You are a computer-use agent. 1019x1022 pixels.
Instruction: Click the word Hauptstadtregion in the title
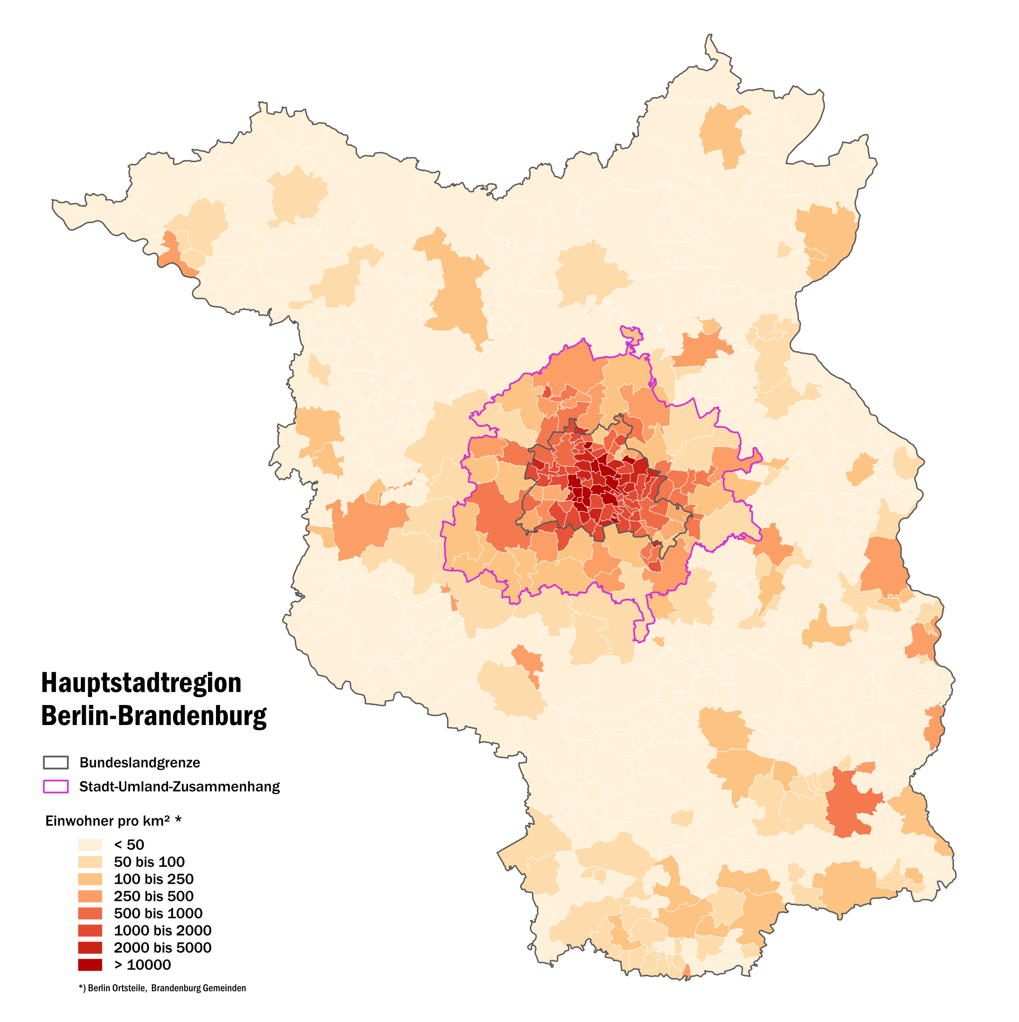pos(141,683)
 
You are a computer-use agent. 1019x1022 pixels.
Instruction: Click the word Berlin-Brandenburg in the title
pos(154,716)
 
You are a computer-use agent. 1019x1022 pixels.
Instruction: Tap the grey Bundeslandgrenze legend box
pos(55,763)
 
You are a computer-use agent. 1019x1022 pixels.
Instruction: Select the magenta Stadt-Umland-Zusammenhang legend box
pos(55,786)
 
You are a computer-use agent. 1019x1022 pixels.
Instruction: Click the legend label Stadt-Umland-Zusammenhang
pos(179,786)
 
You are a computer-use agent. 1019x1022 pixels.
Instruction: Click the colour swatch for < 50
pos(90,844)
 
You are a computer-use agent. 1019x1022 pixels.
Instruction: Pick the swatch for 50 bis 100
pos(90,862)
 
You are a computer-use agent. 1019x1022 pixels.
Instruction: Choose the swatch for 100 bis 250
pos(90,879)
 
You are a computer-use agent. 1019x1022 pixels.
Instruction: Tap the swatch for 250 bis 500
pos(90,896)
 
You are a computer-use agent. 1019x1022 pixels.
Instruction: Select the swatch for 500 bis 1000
pos(90,913)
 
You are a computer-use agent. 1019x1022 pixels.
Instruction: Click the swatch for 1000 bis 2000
pos(90,931)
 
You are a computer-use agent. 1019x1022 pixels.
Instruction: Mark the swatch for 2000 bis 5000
pos(90,948)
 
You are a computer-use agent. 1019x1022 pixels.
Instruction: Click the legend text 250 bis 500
pos(153,896)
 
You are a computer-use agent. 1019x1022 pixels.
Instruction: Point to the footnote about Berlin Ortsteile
pos(162,988)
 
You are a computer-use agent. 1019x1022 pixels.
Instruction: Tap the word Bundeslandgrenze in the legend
pos(140,763)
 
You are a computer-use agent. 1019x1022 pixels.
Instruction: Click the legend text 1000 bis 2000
pos(162,931)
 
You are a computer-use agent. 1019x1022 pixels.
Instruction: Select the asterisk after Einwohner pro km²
pos(178,820)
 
